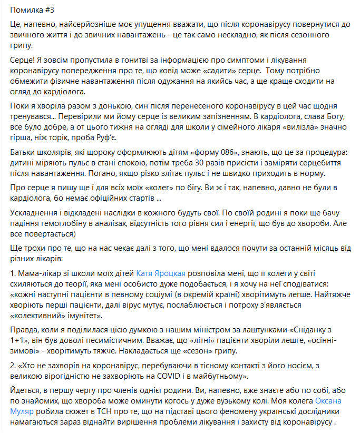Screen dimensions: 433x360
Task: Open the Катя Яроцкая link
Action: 161,273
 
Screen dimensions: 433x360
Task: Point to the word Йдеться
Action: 25,390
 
